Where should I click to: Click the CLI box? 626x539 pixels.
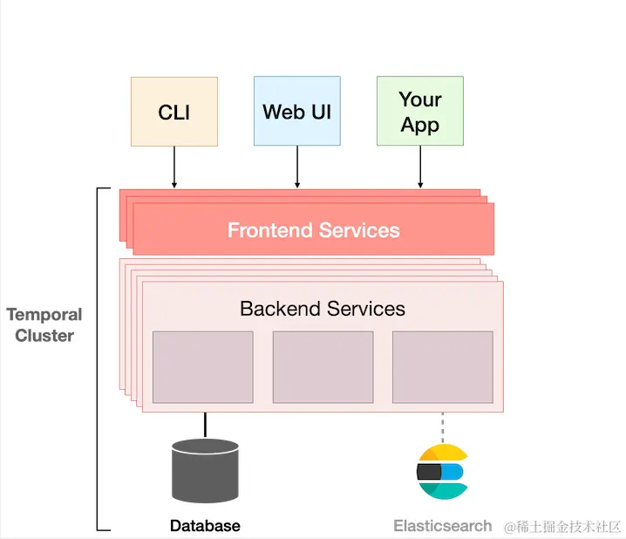174,112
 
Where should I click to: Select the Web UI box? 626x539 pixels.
297,111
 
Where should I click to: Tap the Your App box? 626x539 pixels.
420,111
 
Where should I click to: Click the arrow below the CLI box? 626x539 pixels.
174,167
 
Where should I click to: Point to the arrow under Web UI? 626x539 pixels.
297,167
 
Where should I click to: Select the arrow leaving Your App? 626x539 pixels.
420,167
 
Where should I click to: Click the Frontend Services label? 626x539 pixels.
313,230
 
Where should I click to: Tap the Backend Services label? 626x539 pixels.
322,308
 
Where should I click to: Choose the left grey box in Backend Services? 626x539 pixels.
203,366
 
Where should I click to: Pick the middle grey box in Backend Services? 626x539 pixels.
323,366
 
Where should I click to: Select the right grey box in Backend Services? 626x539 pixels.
442,366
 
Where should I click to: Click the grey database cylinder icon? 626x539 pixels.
206,471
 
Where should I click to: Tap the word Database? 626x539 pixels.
205,526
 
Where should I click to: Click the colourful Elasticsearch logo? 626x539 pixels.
442,472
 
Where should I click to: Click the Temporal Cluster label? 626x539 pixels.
44,324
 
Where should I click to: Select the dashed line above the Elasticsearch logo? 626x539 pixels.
442,427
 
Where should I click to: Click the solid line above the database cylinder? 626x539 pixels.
206,424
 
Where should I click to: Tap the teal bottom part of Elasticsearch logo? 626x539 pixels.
442,490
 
